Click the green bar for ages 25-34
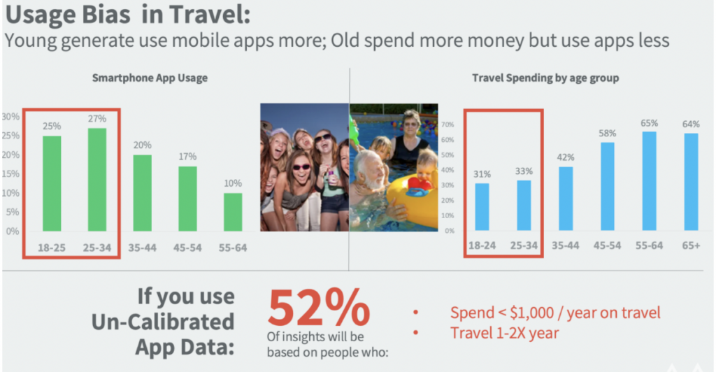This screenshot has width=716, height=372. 97,180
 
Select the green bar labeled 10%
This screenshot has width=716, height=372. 233,212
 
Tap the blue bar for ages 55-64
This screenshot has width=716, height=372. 649,180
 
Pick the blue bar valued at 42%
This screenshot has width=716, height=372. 565,199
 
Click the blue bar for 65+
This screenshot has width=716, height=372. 691,182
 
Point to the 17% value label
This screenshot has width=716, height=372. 187,157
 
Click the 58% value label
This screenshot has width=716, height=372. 608,134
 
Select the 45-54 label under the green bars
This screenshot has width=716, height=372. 187,248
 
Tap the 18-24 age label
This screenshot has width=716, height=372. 482,245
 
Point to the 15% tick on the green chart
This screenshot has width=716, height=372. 10,174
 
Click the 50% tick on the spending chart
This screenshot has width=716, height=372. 447,155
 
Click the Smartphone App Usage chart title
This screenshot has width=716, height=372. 150,78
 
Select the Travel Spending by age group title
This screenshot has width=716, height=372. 545,78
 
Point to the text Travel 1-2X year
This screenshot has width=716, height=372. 505,334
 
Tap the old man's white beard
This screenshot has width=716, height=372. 374,182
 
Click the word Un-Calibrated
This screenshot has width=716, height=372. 163,322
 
